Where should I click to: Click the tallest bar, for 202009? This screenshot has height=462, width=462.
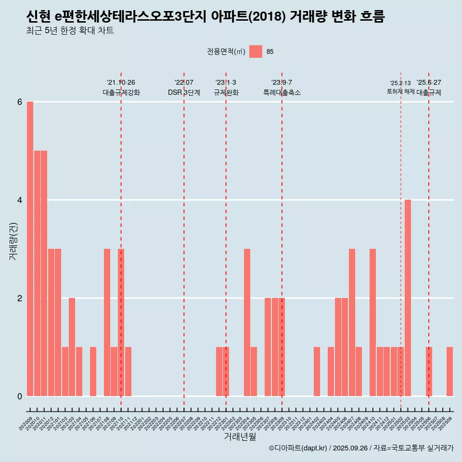coord(30,249)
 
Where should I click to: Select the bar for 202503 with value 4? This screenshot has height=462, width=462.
coord(408,298)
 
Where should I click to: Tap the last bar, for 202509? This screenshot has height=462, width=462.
coord(449,372)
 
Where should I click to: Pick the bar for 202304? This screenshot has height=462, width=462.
coord(247,322)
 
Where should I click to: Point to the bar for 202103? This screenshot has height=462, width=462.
coord(72,347)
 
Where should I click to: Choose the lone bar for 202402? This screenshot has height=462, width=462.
coord(317,372)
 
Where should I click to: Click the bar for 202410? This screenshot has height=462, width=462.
coord(372,322)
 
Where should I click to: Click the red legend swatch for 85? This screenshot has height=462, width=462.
coord(256,51)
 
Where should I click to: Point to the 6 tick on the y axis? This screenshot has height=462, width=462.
coord(20,102)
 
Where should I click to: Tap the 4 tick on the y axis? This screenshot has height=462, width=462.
coord(20,200)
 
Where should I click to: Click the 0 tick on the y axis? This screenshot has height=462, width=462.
coord(20,396)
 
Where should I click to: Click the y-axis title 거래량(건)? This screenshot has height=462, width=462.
coord(13,241)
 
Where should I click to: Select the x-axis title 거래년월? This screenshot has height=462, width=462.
coord(240,436)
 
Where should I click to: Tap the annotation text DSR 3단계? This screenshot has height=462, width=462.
coord(184,92)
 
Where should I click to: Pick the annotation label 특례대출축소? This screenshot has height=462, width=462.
coord(282,92)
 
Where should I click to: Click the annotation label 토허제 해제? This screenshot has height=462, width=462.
coord(400,91)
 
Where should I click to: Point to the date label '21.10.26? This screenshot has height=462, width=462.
coord(121,82)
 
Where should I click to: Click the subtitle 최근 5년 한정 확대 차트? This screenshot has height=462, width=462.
coord(70,31)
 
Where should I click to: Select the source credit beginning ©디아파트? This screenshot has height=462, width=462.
coord(361,448)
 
